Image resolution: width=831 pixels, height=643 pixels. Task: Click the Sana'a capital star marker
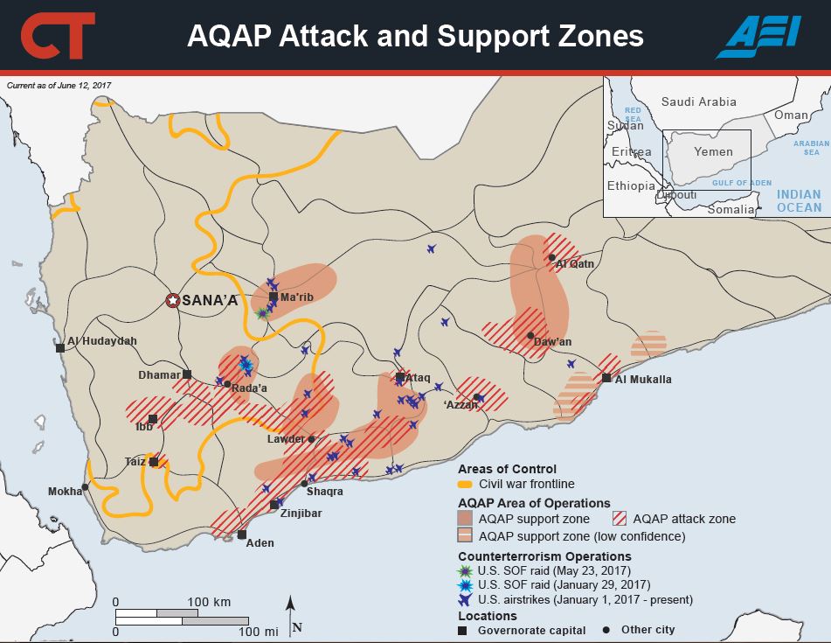pyautogui.click(x=173, y=301)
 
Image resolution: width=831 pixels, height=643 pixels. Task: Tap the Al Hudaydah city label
pyautogui.click(x=102, y=341)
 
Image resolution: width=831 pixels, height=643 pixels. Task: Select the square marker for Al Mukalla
pyautogui.click(x=606, y=378)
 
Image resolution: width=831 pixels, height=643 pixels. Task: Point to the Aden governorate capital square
pyautogui.click(x=242, y=535)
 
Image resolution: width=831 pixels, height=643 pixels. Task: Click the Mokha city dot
pyautogui.click(x=85, y=487)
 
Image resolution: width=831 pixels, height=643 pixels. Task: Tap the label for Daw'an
pyautogui.click(x=553, y=341)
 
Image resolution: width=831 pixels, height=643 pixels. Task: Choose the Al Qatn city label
pyautogui.click(x=576, y=263)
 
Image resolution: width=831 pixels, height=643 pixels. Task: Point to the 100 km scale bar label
pyautogui.click(x=210, y=603)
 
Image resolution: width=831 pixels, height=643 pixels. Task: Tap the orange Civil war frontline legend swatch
pyautogui.click(x=466, y=484)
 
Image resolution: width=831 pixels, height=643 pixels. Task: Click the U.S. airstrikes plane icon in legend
pyautogui.click(x=466, y=599)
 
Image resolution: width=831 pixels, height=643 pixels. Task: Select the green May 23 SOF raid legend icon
pyautogui.click(x=466, y=570)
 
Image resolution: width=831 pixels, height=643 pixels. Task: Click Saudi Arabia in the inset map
pyautogui.click(x=698, y=101)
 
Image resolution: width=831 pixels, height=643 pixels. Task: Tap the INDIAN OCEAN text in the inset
pyautogui.click(x=799, y=201)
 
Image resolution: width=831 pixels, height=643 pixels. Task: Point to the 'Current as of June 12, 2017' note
pyautogui.click(x=59, y=85)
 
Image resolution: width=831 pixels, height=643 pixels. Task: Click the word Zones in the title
pyautogui.click(x=599, y=36)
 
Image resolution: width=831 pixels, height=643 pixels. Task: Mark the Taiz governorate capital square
pyautogui.click(x=154, y=462)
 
